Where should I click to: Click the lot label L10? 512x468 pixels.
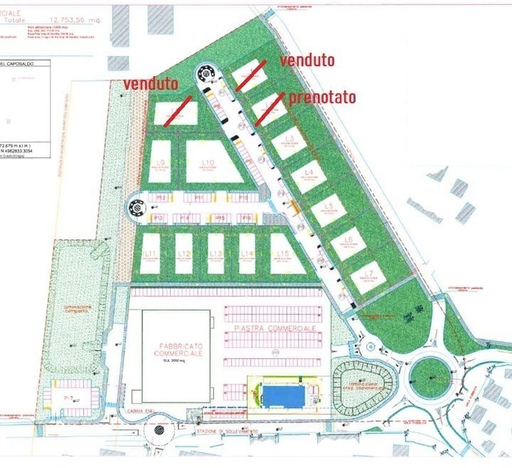(x=208, y=163)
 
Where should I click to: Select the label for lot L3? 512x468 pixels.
(x=289, y=139)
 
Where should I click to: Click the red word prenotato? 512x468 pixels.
(x=322, y=97)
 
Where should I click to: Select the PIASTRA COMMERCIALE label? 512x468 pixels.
(x=274, y=328)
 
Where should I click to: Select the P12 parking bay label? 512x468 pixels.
(x=161, y=197)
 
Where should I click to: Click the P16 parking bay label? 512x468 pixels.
(x=246, y=217)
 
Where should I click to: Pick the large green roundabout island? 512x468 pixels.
(x=431, y=372)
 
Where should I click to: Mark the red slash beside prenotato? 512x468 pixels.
(x=270, y=108)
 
